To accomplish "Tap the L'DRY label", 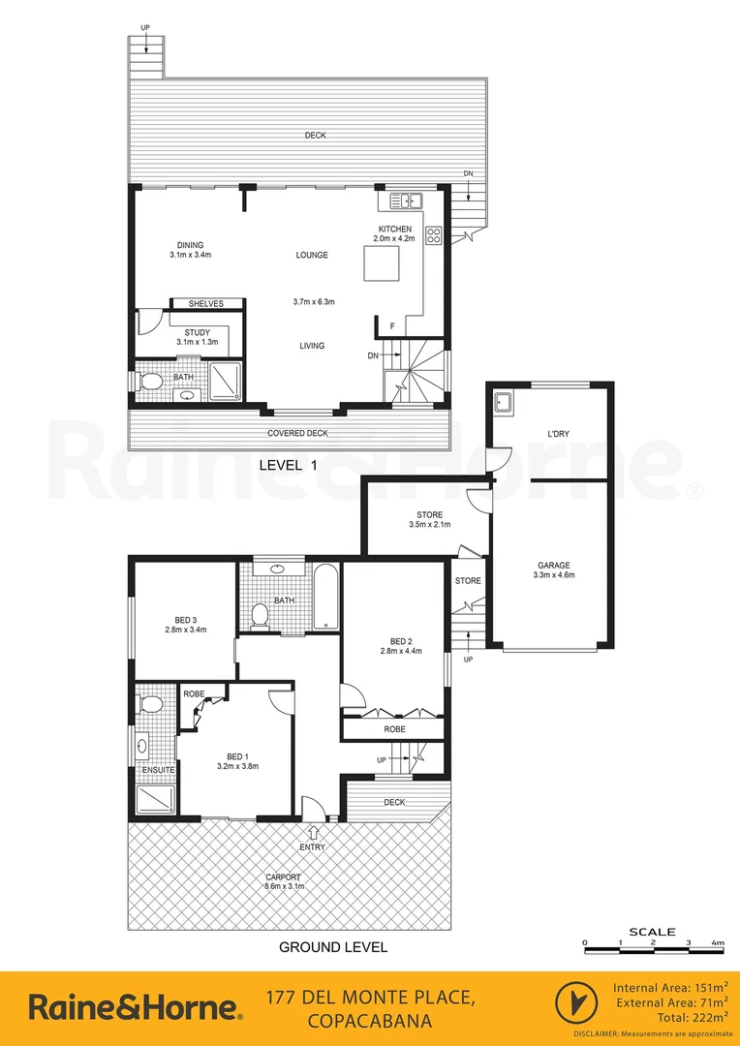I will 557,434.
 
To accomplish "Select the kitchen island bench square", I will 382,262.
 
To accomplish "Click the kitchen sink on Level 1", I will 407,201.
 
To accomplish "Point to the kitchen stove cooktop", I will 433,235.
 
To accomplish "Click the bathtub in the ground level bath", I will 326,596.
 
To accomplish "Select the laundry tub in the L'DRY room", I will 504,402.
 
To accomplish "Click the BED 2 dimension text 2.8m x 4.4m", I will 402,651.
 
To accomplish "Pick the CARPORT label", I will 286,877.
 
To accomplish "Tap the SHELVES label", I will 205,304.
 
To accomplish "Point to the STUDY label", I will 197,332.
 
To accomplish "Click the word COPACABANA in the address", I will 369,1021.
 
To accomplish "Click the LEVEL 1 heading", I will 288,466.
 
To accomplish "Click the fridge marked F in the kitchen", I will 391,326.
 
